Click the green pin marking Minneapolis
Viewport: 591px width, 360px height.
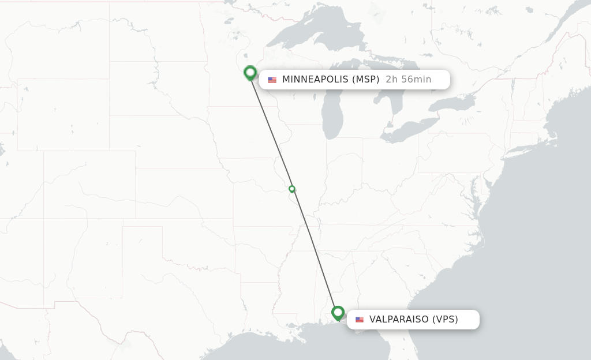tap(250, 73)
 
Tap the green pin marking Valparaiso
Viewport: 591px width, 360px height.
tap(338, 313)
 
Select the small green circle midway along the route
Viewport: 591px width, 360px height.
tap(292, 189)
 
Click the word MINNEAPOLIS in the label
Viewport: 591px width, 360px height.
tap(315, 80)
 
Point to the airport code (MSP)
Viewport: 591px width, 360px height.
tap(365, 80)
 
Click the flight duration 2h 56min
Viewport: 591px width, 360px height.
tap(408, 80)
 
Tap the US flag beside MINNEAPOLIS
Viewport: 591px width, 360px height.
tap(272, 80)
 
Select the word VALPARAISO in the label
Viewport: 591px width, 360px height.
tap(399, 320)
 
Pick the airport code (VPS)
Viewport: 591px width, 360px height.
tap(445, 320)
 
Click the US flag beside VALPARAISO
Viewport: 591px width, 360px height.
tap(360, 320)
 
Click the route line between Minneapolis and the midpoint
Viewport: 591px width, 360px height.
tap(271, 131)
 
